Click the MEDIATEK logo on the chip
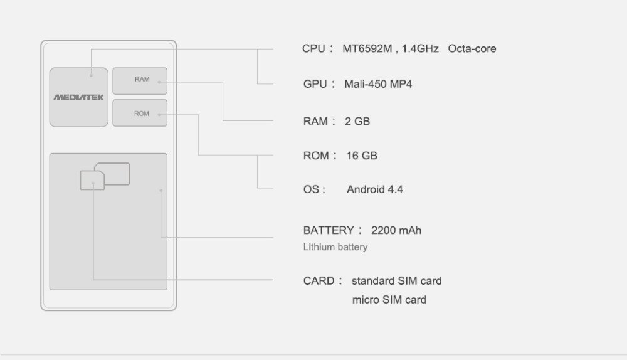pos(78,97)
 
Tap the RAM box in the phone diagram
pos(140,80)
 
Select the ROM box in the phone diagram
pos(140,114)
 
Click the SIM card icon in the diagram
pos(105,176)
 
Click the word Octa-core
pos(472,48)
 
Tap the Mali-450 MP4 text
pos(378,84)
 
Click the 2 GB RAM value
pos(357,121)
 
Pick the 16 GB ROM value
pos(362,156)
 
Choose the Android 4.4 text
pos(374,189)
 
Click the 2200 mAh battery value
pos(396,230)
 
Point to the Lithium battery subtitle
pos(335,247)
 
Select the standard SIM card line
pos(396,280)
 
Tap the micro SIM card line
pos(389,300)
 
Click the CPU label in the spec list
pos(313,48)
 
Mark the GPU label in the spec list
pos(315,84)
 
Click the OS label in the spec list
pos(312,189)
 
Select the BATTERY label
pos(329,230)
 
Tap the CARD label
pos(319,280)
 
